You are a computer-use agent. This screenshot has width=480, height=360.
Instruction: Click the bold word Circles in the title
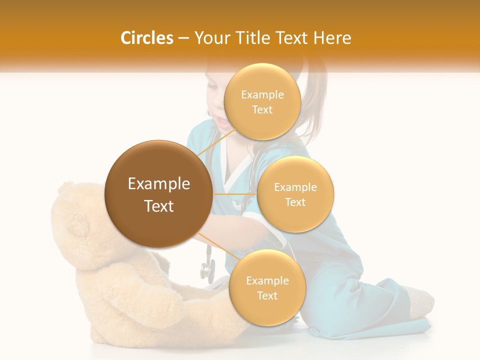click(x=146, y=37)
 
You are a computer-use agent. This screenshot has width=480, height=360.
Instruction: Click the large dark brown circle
click(x=158, y=194)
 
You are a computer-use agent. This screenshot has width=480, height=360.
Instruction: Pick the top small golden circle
click(x=262, y=101)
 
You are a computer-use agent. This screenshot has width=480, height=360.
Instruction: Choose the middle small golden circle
click(x=295, y=194)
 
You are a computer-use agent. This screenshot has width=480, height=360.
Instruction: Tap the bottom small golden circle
click(x=267, y=287)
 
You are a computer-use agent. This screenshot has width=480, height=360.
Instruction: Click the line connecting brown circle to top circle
click(x=216, y=142)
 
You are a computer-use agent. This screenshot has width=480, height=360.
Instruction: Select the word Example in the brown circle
click(x=158, y=184)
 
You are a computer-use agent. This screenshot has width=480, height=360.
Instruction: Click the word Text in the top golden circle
click(x=262, y=110)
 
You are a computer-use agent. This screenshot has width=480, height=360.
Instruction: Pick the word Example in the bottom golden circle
click(x=267, y=280)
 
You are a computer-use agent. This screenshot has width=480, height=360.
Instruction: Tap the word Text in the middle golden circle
click(x=295, y=202)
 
